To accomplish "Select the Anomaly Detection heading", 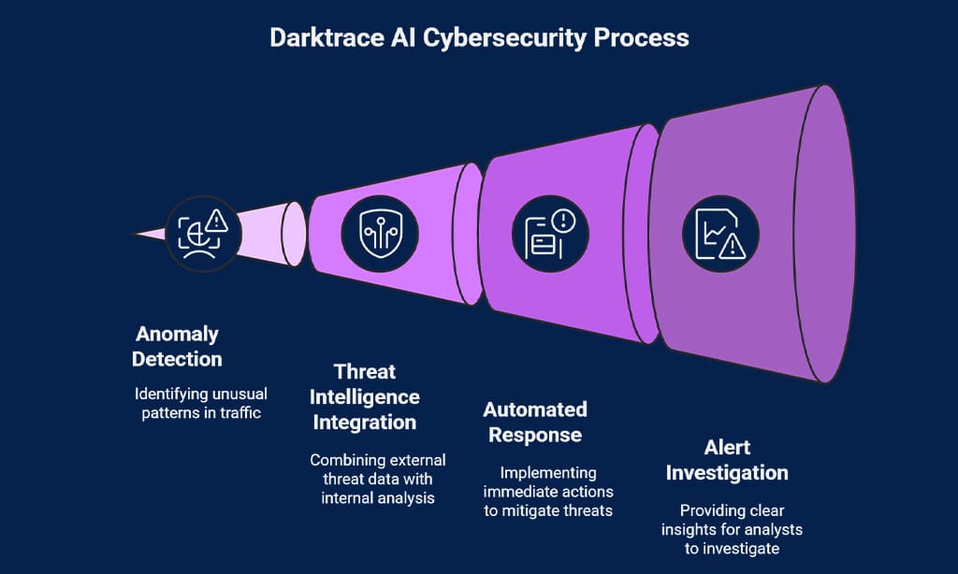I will click(177, 346).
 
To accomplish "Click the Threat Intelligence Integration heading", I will click(364, 397).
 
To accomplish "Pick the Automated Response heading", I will click(535, 422).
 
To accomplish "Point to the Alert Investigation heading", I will click(727, 460).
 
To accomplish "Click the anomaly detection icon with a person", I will click(202, 234).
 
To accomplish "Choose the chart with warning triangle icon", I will click(719, 233).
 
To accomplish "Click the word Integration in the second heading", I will click(364, 422).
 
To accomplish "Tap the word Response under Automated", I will click(535, 435).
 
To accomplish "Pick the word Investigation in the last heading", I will click(727, 472).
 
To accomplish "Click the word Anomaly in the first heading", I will click(177, 334).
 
